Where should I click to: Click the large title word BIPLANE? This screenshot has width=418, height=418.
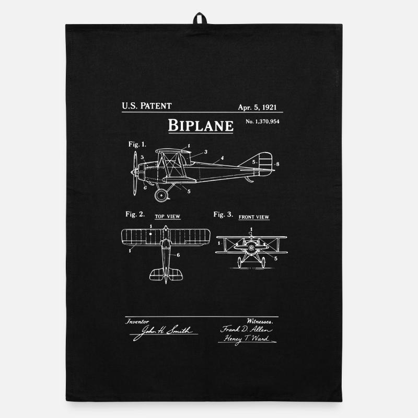[201, 125]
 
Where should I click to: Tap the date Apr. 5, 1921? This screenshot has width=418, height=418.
[257, 107]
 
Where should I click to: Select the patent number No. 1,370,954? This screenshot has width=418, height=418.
[262, 122]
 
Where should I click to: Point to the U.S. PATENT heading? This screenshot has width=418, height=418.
[147, 106]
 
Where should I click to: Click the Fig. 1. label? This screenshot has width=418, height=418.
[137, 144]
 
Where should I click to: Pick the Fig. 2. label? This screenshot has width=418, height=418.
[135, 214]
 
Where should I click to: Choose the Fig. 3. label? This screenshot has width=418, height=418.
[223, 214]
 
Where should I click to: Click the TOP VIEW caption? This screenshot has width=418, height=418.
[168, 216]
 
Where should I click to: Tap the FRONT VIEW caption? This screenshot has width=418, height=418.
[254, 217]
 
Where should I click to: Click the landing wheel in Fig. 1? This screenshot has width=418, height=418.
[161, 195]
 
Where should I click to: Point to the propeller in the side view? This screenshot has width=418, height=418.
[135, 173]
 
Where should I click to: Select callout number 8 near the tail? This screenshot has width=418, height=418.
[277, 164]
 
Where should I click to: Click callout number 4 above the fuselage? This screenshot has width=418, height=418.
[222, 158]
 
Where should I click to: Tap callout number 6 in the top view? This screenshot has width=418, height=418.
[178, 255]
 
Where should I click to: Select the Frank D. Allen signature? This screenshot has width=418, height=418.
[246, 330]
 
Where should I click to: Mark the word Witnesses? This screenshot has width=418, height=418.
[260, 321]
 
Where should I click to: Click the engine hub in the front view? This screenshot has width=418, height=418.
[251, 248]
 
